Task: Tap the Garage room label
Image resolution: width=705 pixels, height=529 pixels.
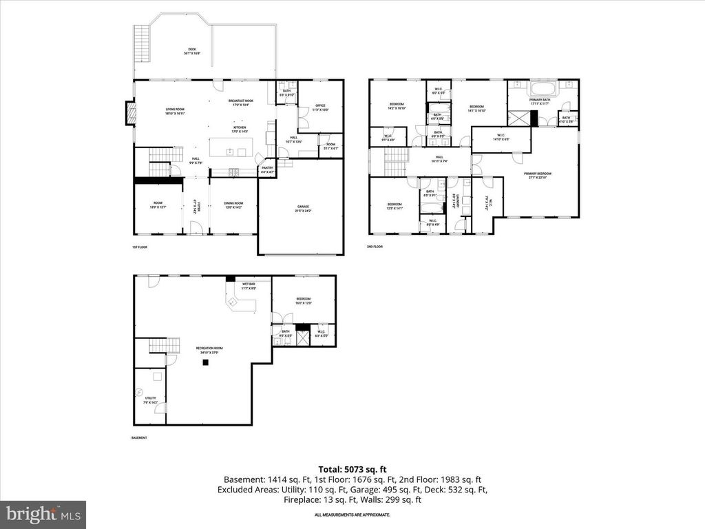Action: point(304,209)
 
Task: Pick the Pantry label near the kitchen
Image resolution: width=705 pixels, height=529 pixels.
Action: point(266,169)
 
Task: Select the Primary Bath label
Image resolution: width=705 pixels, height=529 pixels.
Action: point(540,101)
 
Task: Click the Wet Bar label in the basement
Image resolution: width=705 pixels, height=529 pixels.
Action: point(249,287)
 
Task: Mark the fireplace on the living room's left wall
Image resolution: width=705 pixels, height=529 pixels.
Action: point(129,114)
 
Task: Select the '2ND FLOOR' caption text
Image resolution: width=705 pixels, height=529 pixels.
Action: point(375,246)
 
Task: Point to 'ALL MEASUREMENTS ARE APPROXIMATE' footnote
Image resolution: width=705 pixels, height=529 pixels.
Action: point(352,515)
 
